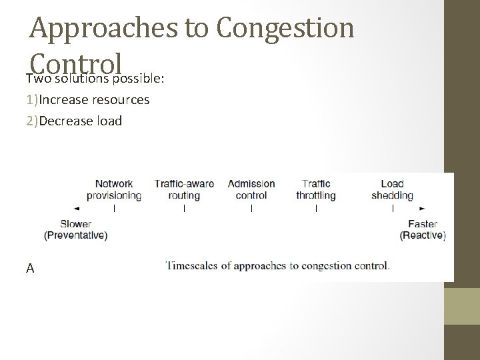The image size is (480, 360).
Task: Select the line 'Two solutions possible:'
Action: click(95, 79)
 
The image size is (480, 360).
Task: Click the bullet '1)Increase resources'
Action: click(87, 100)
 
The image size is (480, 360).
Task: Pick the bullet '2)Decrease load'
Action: click(74, 121)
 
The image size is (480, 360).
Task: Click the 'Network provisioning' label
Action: click(114, 189)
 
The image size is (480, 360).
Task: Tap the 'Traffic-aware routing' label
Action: click(184, 189)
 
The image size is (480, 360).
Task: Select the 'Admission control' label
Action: click(251, 189)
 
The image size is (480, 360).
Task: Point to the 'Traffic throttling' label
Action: click(316, 189)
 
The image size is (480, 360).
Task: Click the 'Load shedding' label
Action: click(392, 189)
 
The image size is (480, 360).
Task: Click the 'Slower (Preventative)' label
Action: click(75, 229)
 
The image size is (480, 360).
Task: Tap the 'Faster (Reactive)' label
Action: click(423, 229)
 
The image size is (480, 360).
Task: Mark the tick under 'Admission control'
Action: click(251, 208)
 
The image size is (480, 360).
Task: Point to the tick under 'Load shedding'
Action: click(393, 208)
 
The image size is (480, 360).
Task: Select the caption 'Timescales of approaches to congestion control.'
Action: click(277, 266)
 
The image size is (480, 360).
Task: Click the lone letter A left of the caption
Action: click(30, 268)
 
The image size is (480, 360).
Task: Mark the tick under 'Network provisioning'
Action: click(115, 208)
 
